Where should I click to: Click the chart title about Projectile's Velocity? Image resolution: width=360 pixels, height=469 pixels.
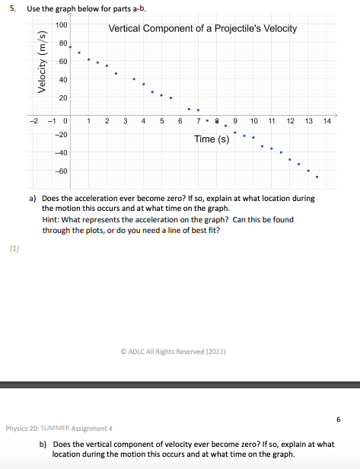202,29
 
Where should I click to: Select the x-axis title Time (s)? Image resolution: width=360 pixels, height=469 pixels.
212,139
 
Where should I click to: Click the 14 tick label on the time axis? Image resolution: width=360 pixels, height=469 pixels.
327,122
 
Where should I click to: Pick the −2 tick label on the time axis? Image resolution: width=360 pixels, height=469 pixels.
32,122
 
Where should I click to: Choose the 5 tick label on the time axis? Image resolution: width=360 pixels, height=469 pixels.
161,122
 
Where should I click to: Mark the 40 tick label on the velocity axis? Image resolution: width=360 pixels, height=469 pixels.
63,80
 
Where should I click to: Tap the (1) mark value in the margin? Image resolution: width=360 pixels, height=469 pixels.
14,248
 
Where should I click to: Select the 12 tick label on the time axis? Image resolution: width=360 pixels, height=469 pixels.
290,122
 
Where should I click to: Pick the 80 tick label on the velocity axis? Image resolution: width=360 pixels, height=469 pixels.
63,43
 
